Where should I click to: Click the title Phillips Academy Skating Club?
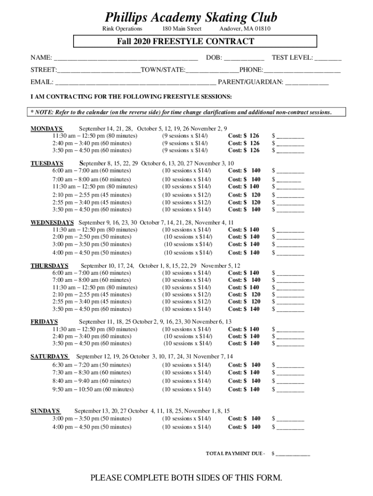click(x=191, y=18)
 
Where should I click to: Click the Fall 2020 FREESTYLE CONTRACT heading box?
click(x=195, y=42)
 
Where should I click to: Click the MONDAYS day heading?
click(x=47, y=129)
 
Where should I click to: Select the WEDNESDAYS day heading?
click(x=52, y=222)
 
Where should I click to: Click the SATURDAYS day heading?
click(x=49, y=356)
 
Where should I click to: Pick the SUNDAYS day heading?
click(x=45, y=411)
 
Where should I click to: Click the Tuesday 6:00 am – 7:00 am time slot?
click(x=92, y=170)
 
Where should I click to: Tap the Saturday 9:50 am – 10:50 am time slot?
click(x=93, y=389)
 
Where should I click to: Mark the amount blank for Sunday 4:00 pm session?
click(x=290, y=428)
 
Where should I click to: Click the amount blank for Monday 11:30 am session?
click(x=290, y=137)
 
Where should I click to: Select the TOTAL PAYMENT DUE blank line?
click(x=293, y=454)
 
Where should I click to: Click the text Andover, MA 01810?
click(x=245, y=29)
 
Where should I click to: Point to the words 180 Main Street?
click(x=182, y=29)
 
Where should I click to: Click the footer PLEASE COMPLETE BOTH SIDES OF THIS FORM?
click(x=186, y=479)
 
